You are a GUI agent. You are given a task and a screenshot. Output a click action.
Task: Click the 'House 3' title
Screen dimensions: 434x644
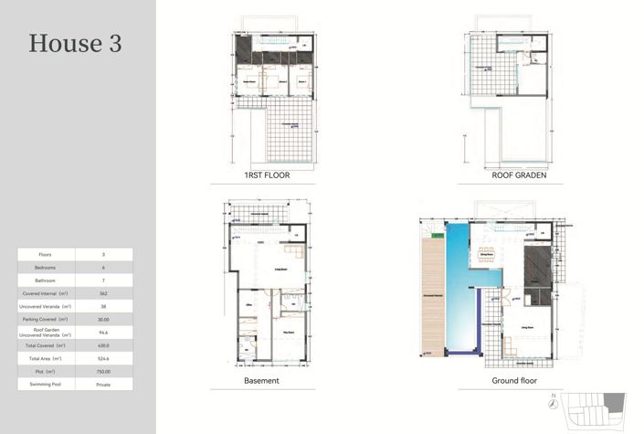(x=75, y=43)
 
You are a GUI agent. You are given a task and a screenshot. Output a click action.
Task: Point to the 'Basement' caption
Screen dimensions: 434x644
(x=261, y=380)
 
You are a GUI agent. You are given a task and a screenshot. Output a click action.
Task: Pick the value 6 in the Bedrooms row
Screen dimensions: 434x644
(x=103, y=268)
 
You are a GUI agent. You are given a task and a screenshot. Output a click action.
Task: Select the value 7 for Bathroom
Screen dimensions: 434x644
(x=103, y=281)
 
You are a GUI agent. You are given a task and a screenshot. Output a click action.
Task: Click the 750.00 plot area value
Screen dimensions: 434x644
(x=103, y=372)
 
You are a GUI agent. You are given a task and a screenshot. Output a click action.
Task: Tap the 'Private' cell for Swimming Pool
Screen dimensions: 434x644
(x=103, y=385)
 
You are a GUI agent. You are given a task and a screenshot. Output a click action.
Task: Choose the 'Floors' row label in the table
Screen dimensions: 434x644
(x=46, y=254)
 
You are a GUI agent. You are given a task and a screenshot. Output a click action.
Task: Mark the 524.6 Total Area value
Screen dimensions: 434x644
(x=103, y=359)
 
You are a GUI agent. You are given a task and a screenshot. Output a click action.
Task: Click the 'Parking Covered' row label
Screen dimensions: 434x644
(x=46, y=320)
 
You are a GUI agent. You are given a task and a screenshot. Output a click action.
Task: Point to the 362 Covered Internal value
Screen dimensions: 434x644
(x=103, y=293)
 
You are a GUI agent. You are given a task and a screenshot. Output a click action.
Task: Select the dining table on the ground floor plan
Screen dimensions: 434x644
(x=485, y=253)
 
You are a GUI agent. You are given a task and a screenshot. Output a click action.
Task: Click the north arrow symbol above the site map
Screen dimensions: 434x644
(x=554, y=397)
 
